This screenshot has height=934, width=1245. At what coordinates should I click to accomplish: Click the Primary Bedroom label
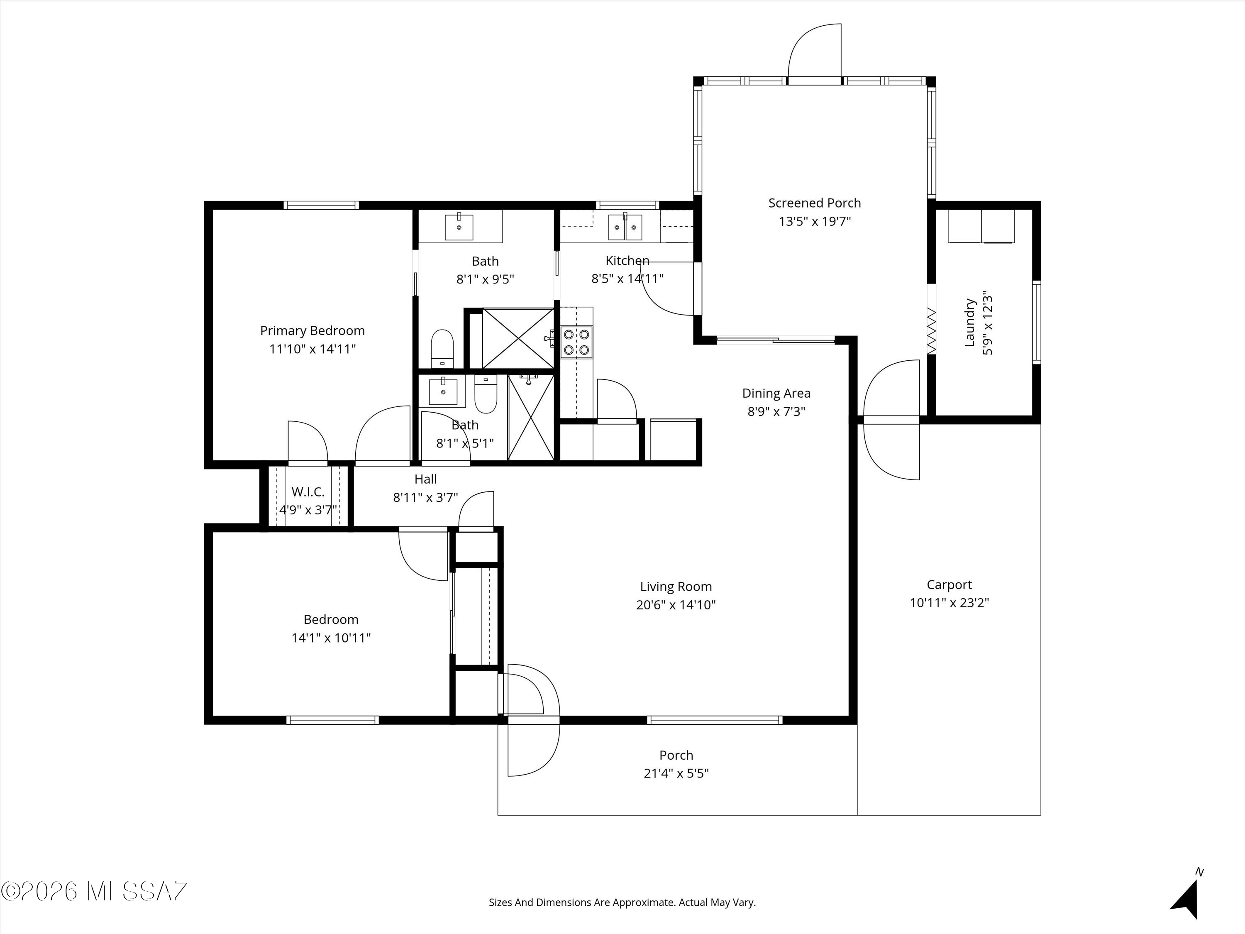click(312, 331)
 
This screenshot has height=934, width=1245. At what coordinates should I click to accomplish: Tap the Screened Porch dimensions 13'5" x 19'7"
click(814, 221)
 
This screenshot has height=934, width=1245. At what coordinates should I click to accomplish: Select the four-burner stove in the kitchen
click(577, 342)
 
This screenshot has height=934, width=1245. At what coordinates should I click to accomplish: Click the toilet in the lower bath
click(485, 394)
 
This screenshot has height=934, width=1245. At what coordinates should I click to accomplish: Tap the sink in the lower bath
click(443, 391)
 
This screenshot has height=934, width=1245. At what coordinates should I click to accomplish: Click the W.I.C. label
click(308, 492)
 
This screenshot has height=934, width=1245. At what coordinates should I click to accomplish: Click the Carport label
click(949, 585)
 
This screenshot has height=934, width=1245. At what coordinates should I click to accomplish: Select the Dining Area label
click(776, 393)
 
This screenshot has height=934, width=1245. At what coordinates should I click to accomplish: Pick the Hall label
click(425, 479)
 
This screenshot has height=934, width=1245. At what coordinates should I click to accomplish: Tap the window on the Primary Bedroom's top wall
click(321, 205)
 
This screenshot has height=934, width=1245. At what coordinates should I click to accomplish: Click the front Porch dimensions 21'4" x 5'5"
click(676, 773)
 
